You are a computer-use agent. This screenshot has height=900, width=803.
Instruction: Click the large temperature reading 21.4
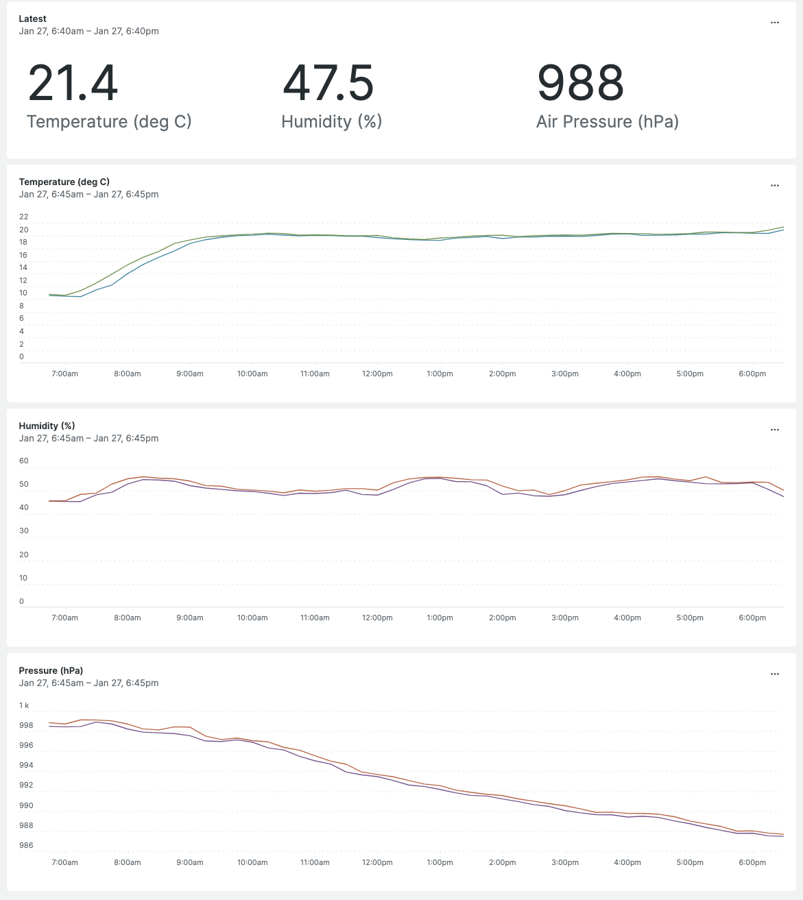[x=73, y=83]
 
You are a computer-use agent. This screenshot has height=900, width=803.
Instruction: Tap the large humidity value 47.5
[x=328, y=83]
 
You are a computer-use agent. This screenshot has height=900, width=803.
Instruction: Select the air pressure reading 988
[x=580, y=83]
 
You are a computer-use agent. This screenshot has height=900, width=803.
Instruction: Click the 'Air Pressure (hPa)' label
[x=607, y=122]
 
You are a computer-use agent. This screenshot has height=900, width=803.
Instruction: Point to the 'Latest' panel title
[x=33, y=19]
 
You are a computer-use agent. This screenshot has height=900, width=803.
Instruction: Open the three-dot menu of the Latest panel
[x=774, y=23]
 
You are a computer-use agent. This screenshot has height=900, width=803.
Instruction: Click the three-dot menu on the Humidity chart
[x=774, y=430]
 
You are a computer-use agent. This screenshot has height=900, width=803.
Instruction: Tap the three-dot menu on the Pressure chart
[x=774, y=674]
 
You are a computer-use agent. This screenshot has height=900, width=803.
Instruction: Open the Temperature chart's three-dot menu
[x=774, y=186]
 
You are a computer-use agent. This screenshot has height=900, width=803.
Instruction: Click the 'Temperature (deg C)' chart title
[x=64, y=182]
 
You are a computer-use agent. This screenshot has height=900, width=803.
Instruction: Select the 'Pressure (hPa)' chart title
[x=51, y=670]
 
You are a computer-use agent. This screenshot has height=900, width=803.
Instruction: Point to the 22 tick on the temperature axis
[x=24, y=217]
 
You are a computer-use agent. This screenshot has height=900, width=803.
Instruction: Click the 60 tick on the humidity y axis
[x=24, y=461]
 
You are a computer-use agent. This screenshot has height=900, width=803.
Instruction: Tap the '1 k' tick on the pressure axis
[x=24, y=705]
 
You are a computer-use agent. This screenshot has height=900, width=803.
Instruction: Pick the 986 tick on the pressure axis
[x=26, y=845]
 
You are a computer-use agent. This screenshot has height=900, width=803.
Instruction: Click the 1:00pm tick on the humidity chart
[x=440, y=618]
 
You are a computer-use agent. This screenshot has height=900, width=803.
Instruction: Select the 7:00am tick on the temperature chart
[x=65, y=374]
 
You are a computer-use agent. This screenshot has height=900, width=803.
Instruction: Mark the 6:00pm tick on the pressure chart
[x=752, y=862]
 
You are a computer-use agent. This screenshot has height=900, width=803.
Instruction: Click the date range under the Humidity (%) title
[x=88, y=438]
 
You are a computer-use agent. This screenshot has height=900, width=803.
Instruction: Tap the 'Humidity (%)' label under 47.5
[x=331, y=122]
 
